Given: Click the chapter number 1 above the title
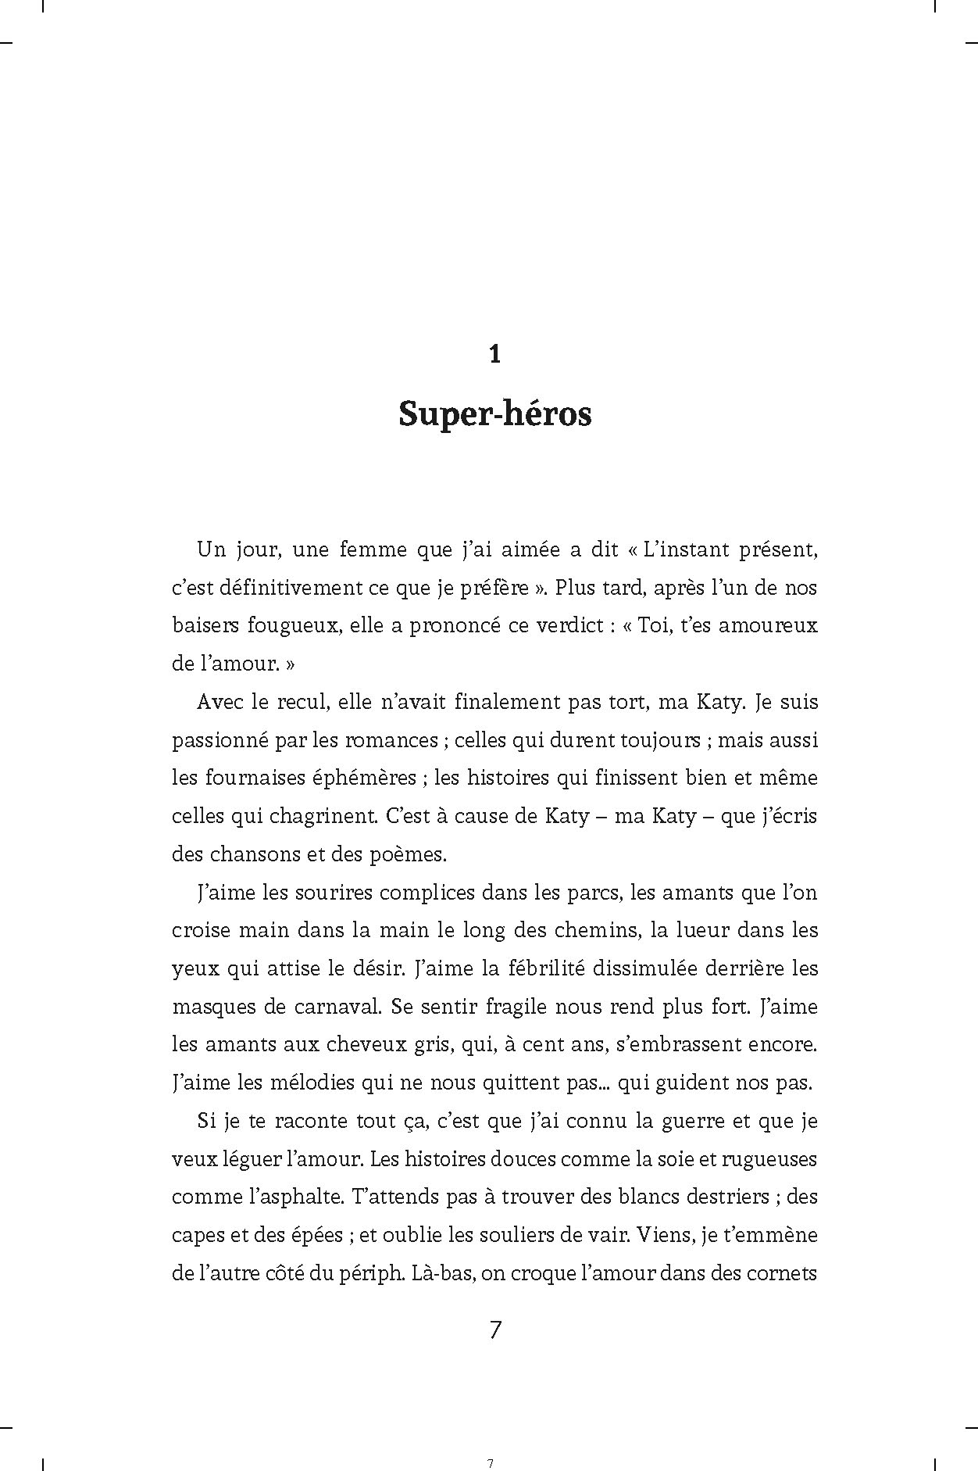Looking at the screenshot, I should (x=494, y=355).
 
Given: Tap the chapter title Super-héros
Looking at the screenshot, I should (x=494, y=414).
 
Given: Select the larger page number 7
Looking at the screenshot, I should (x=494, y=1330).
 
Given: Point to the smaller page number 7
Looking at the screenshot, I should (x=490, y=1442).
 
